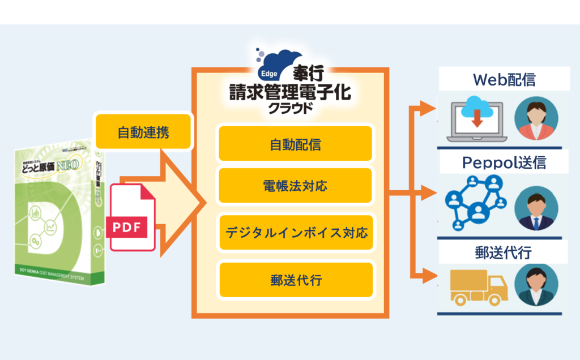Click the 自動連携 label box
click(143, 132)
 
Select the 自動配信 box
click(295, 144)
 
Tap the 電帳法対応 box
click(295, 185)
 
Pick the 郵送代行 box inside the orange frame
click(296, 280)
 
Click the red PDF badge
click(126, 228)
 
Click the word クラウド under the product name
click(290, 108)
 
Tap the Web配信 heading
click(504, 80)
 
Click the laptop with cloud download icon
click(476, 121)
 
